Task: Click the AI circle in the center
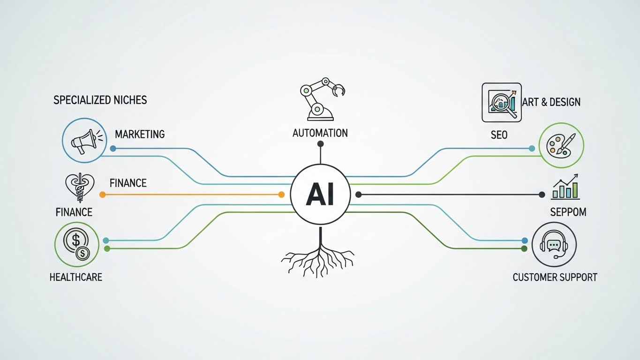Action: (x=320, y=195)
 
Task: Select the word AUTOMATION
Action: (x=320, y=133)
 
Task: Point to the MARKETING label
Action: (x=140, y=135)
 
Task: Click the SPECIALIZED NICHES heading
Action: (x=100, y=100)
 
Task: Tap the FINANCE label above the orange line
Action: (x=128, y=183)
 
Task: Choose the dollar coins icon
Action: (x=77, y=244)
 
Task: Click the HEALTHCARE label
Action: (x=76, y=277)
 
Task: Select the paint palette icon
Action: (x=561, y=145)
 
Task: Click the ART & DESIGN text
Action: (x=551, y=102)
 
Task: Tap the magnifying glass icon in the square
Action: (x=501, y=102)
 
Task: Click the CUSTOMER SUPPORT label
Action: (x=555, y=277)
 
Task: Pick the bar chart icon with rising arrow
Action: (x=565, y=187)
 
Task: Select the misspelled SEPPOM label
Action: (x=568, y=212)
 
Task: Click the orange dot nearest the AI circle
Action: (x=281, y=195)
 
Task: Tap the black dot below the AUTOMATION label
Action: (x=320, y=144)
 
